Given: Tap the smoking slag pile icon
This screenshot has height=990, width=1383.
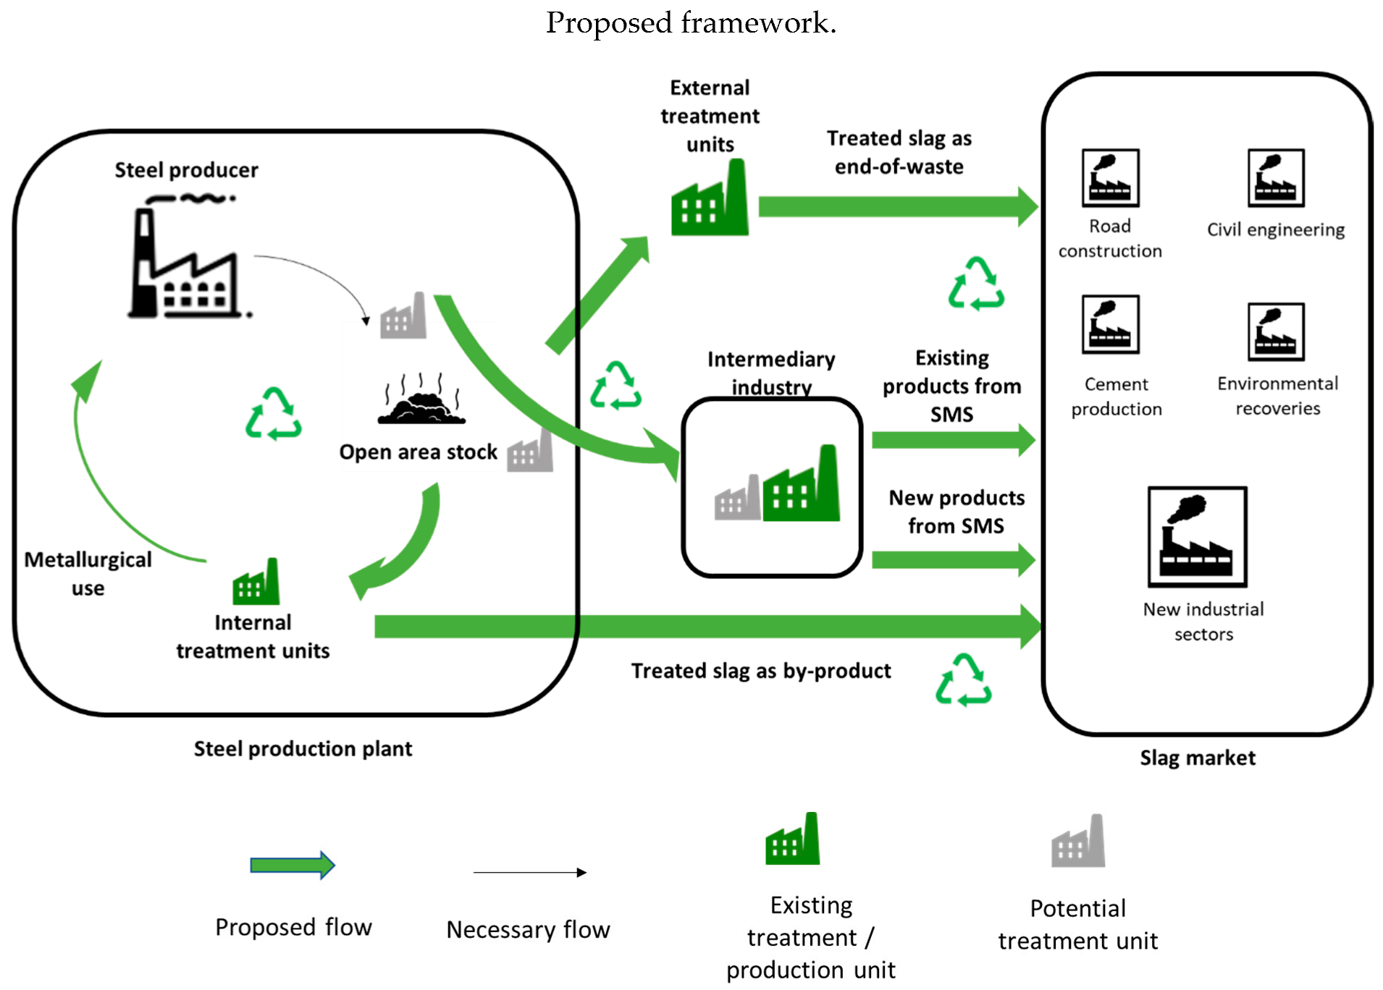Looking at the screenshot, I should [422, 400].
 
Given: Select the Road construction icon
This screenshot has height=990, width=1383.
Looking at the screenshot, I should [1110, 178].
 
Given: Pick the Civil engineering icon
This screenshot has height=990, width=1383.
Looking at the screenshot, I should [1276, 178].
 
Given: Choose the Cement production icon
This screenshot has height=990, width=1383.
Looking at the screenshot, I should [1110, 324].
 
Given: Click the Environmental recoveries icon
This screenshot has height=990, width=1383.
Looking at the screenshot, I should [1276, 331].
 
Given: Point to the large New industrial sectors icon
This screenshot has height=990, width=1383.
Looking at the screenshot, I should [1197, 536].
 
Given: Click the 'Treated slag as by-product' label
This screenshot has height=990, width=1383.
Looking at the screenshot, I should [760, 671].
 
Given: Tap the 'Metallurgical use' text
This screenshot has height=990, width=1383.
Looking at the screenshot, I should [88, 573].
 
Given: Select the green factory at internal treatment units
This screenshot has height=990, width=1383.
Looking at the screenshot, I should [256, 583].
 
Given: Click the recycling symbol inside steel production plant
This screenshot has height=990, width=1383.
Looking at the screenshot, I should [274, 414].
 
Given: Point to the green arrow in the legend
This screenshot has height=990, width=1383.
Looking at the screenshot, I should [293, 865].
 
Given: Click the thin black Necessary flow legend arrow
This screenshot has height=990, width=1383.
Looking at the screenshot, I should [529, 873].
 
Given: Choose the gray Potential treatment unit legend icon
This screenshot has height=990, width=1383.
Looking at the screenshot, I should [1079, 842].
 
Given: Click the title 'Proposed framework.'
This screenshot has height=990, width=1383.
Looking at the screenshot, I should [691, 22].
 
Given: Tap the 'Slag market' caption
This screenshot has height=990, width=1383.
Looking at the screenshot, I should [1197, 758].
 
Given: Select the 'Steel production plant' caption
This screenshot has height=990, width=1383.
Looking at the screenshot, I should [303, 748].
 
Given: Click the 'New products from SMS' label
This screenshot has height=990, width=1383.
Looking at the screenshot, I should [956, 512].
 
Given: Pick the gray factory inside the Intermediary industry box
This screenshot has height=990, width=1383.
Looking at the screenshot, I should [737, 499].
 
